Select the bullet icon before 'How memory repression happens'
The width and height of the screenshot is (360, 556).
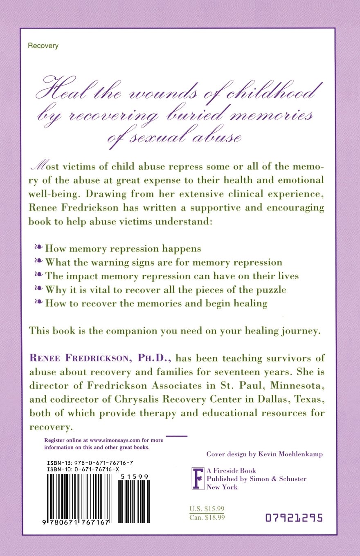38,248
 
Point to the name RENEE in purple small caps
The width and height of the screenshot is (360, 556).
45,359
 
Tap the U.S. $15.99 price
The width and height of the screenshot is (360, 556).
207,509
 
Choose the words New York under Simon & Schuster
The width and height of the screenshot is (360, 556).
222,487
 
